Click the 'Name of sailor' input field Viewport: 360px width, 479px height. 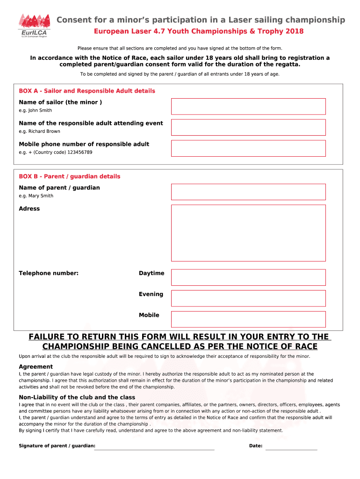[x=248, y=106]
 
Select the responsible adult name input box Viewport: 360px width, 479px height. [x=248, y=127]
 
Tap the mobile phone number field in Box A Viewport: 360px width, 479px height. [x=248, y=148]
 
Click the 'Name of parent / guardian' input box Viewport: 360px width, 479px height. [x=248, y=192]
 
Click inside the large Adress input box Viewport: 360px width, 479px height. [x=248, y=232]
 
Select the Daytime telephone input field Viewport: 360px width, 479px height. [x=248, y=277]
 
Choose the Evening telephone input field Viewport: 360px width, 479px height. [x=248, y=298]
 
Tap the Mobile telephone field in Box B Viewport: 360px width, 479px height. [x=248, y=319]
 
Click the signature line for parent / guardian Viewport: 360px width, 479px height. [x=155, y=448]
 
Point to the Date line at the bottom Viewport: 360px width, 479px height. [x=291, y=448]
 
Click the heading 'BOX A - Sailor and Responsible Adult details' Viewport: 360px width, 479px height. [x=87, y=91]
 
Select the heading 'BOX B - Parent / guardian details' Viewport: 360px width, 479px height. [x=69, y=176]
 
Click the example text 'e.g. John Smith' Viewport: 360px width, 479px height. [x=35, y=110]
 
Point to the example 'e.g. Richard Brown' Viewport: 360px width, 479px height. [x=39, y=131]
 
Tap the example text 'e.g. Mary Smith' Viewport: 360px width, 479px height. [x=36, y=196]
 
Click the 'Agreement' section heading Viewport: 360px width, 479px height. [x=36, y=367]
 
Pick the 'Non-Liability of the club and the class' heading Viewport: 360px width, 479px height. [x=77, y=397]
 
